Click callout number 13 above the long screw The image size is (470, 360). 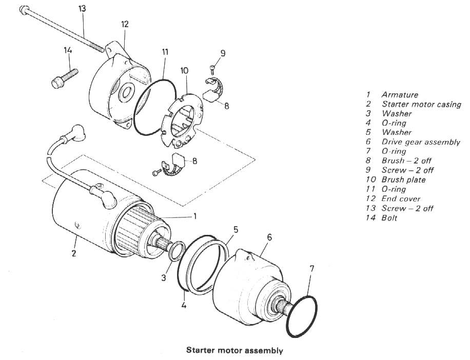82,9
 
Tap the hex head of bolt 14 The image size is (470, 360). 57,83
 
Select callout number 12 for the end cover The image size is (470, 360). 125,24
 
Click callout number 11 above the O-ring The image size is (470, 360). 165,52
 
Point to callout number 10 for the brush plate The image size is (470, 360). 184,71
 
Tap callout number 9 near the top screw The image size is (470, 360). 223,53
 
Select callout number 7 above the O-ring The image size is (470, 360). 312,269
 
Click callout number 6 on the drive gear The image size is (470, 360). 269,237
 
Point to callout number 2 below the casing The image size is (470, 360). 74,253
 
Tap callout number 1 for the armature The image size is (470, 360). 195,216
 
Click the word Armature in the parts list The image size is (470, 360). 400,95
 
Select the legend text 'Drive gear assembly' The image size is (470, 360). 421,142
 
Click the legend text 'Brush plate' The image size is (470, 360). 403,179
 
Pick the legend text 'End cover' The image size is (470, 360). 401,198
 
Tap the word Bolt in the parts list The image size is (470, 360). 389,218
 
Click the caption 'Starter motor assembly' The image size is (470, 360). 234,350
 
